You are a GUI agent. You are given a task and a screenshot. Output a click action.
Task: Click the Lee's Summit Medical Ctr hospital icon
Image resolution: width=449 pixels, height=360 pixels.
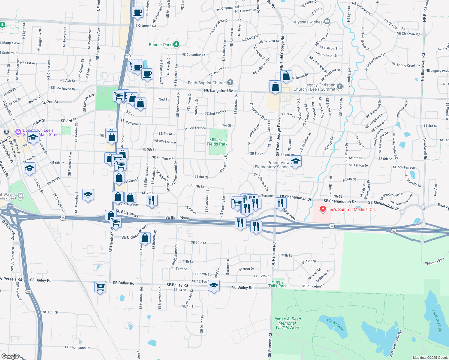(323, 209)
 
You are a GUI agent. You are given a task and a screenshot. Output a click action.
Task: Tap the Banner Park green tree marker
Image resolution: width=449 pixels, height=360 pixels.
(176, 45)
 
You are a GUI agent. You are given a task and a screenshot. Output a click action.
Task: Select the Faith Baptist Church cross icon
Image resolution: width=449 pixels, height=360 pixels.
(230, 82)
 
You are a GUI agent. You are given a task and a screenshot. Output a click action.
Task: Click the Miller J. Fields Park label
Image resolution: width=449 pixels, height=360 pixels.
(217, 142)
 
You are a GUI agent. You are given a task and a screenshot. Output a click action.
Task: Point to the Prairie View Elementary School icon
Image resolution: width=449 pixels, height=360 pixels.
(296, 161)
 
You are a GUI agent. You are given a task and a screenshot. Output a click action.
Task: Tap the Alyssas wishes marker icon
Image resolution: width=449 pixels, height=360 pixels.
(327, 22)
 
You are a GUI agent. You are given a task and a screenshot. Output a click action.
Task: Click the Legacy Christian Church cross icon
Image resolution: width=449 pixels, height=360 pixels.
(339, 87)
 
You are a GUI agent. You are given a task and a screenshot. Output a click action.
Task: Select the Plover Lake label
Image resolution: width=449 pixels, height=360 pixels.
(335, 325)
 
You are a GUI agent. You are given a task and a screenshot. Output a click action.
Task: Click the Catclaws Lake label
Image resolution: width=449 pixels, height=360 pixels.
(436, 321)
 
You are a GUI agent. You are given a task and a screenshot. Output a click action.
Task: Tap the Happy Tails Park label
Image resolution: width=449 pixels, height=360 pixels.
(278, 284)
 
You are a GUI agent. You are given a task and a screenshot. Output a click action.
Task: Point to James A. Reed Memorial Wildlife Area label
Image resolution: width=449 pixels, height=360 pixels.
(287, 323)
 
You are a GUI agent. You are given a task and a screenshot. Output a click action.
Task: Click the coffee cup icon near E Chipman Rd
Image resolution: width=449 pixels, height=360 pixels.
(138, 12)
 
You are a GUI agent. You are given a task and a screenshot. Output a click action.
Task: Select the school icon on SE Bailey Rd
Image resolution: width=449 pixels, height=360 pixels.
(214, 286)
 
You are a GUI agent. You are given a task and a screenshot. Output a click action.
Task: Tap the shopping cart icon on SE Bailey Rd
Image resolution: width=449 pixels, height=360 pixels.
(100, 286)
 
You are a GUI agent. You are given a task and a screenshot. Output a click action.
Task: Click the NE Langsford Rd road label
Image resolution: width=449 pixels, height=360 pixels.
(218, 91)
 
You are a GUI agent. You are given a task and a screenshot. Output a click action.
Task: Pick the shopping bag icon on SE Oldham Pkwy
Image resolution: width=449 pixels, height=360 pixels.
(145, 238)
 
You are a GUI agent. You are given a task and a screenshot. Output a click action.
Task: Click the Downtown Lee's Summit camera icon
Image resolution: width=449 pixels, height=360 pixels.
(18, 132)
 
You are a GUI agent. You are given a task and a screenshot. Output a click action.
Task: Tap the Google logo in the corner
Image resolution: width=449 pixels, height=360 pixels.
(10, 356)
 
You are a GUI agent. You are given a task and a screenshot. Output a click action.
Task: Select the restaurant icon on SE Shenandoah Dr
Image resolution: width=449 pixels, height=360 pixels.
(281, 203)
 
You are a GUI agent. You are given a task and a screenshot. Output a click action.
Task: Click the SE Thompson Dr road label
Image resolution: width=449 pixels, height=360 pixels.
(77, 347)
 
